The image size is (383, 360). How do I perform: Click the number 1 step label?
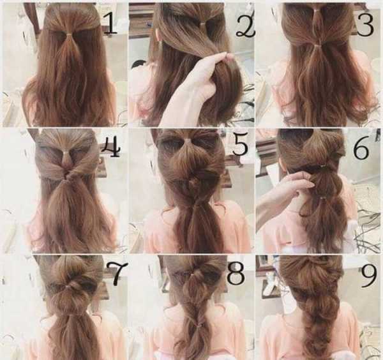(x=110, y=23)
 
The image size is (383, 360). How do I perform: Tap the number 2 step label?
(x=245, y=27)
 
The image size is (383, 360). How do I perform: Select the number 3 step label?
(x=365, y=24)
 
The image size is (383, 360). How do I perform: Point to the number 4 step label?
(x=110, y=148)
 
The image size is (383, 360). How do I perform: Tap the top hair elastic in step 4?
(x=66, y=153)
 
